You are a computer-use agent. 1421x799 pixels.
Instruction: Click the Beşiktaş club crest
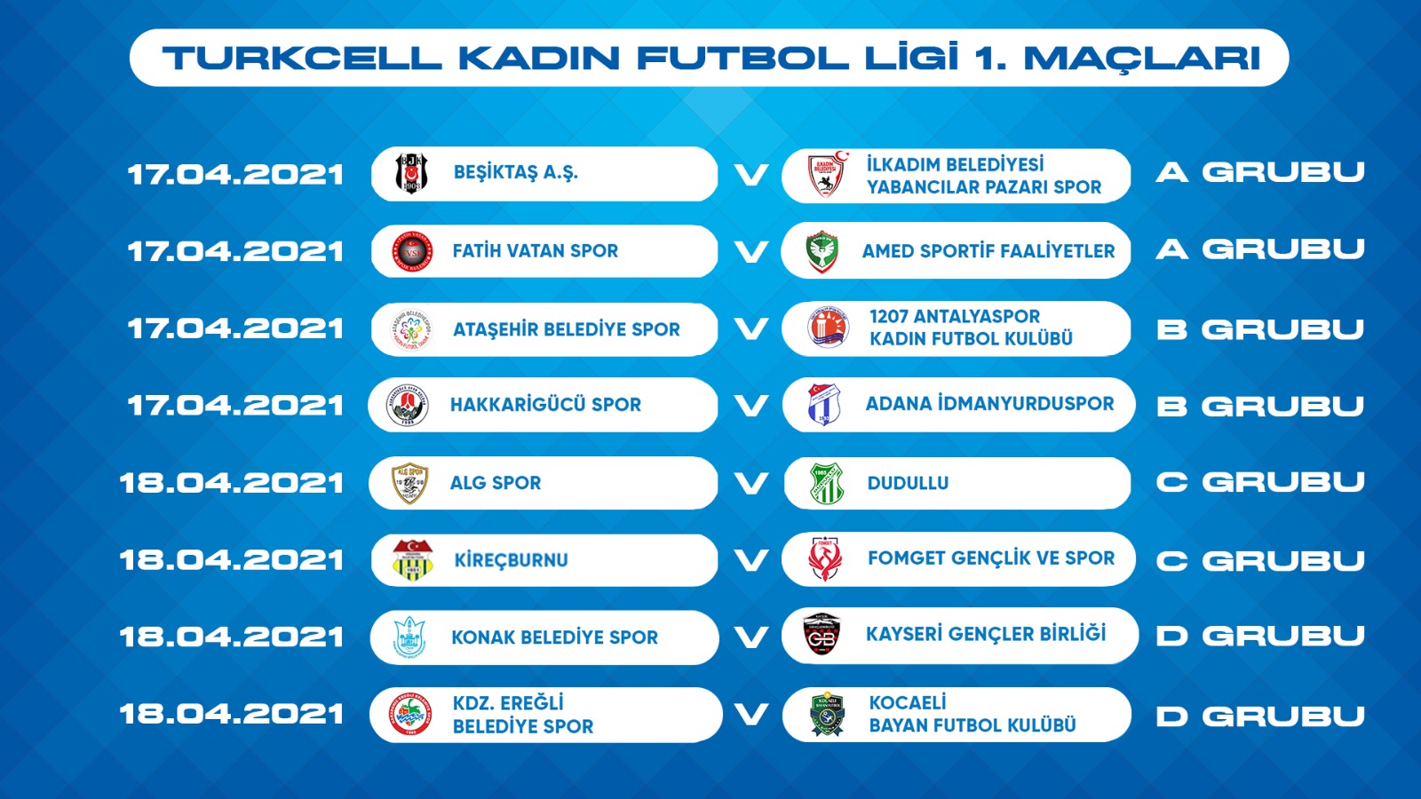click(411, 172)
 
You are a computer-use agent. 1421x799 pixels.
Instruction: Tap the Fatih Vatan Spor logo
click(412, 251)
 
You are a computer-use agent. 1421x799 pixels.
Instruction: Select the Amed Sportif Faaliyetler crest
click(822, 251)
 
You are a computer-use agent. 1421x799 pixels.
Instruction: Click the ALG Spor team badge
click(409, 483)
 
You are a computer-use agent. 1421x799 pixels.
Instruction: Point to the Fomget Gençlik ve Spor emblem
click(825, 559)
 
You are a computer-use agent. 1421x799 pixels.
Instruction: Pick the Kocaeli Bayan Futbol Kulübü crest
click(827, 714)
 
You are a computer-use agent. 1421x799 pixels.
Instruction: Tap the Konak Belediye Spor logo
click(409, 638)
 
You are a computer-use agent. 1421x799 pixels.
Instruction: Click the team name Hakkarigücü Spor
click(545, 405)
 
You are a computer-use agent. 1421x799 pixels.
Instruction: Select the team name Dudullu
click(908, 483)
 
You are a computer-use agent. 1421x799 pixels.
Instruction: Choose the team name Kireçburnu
click(511, 560)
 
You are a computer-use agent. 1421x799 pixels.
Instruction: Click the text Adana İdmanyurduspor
click(989, 403)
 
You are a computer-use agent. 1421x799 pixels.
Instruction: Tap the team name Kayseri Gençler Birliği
click(986, 634)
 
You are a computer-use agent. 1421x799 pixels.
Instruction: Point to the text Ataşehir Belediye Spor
click(566, 329)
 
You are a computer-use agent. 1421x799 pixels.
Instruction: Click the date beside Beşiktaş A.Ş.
click(236, 174)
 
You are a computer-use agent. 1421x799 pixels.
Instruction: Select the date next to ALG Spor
click(232, 483)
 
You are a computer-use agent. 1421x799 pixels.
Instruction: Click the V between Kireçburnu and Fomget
click(750, 560)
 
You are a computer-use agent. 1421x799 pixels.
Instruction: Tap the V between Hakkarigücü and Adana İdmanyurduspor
click(750, 405)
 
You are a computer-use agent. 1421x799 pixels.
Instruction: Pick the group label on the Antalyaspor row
click(1260, 329)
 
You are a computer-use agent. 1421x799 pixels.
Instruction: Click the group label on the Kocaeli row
click(1260, 716)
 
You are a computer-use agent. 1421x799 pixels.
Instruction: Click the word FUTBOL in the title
click(742, 58)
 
